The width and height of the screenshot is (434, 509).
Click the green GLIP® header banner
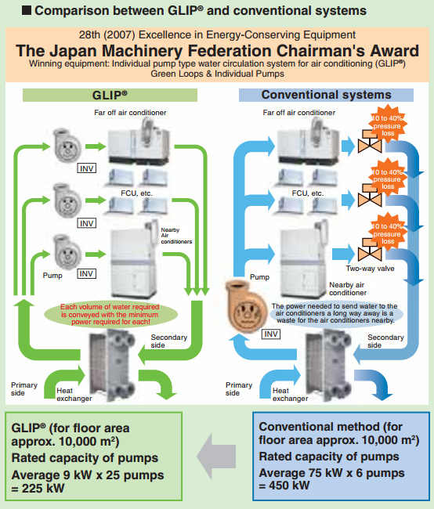[110, 95]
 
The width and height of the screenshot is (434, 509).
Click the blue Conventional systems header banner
[326, 95]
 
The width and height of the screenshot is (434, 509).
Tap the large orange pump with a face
[247, 307]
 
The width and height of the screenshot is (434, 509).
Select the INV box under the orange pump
[271, 334]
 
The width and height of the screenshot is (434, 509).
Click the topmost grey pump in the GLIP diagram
[67, 145]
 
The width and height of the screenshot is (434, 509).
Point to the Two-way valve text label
[370, 269]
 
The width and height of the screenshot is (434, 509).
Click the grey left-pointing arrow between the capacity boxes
[216, 456]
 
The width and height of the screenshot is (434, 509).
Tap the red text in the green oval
[110, 314]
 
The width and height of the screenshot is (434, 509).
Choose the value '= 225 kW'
[38, 488]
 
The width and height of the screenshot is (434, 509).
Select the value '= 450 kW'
[284, 486]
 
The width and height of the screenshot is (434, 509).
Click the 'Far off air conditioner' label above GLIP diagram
[130, 113]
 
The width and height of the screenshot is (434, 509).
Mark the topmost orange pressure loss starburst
[387, 125]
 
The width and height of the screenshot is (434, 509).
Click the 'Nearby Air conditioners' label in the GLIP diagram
[176, 236]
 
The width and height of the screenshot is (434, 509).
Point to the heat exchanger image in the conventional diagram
[327, 365]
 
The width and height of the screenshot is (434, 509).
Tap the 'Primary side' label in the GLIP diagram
[24, 389]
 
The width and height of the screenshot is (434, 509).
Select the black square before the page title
[27, 10]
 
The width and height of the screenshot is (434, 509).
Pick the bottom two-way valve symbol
[370, 251]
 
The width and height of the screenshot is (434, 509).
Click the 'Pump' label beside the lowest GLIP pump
[52, 276]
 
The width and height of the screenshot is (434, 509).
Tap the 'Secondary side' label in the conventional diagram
[385, 341]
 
